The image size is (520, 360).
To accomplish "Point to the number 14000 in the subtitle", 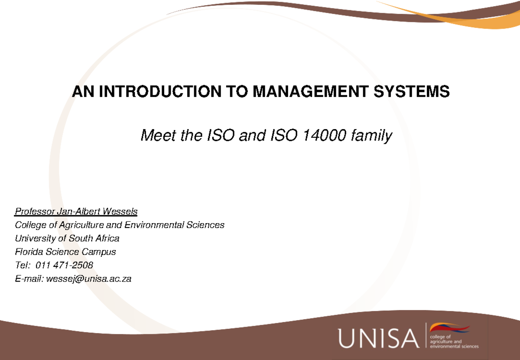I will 325,136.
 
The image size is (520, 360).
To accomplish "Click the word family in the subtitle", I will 371,136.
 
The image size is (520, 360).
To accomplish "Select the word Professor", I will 35,212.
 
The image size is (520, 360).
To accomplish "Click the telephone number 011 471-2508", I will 65,265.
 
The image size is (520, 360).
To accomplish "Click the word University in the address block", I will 35,239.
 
